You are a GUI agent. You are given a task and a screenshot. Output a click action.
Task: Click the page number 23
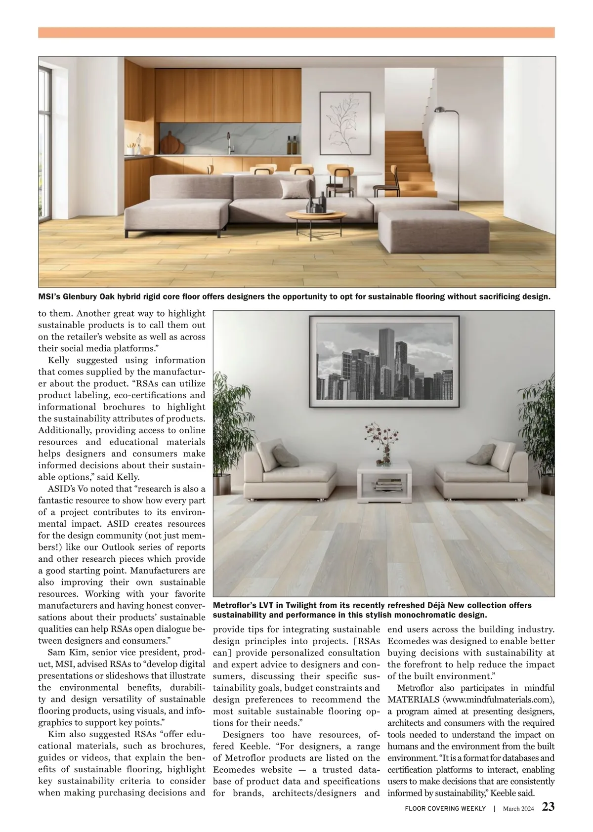(x=548, y=807)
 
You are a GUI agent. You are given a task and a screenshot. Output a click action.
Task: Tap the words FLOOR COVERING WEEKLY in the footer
(x=445, y=808)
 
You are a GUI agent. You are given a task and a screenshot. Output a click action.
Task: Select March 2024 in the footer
(x=518, y=808)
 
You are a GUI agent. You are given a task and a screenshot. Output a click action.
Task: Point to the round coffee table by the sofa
(x=316, y=216)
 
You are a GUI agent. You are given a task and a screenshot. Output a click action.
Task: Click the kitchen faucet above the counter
(x=229, y=142)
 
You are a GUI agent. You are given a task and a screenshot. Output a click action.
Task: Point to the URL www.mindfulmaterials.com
(x=499, y=700)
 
